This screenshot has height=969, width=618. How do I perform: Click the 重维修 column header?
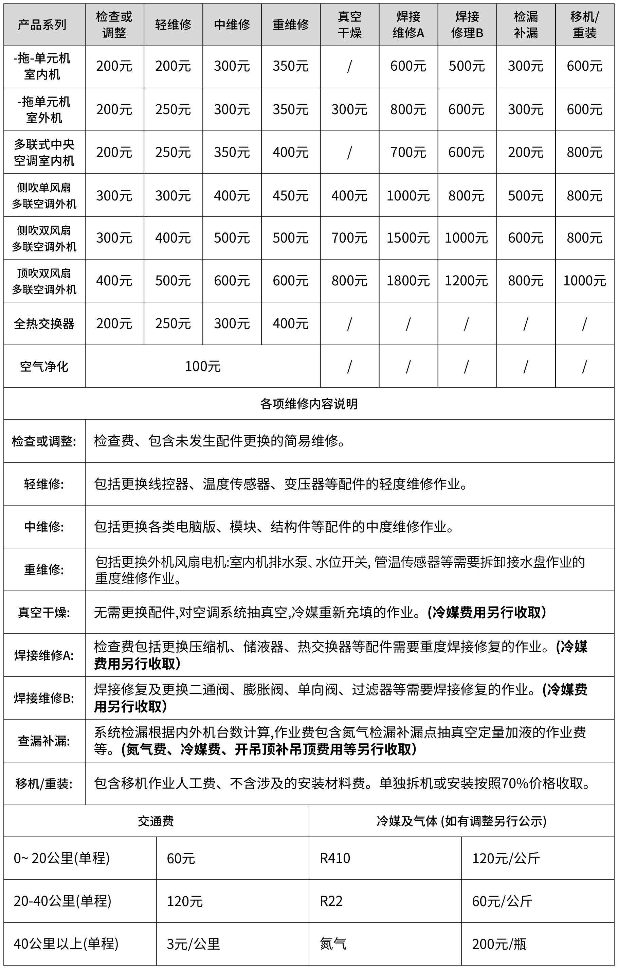coord(291,24)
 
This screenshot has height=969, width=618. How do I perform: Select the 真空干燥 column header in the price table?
coord(349,24)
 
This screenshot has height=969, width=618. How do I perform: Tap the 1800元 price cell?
coord(408,281)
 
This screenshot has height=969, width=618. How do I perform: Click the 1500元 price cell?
coord(408,238)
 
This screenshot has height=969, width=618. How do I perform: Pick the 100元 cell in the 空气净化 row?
coord(203,366)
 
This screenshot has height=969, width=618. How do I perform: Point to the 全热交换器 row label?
coord(44,323)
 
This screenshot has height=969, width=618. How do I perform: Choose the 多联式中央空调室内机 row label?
coord(44,153)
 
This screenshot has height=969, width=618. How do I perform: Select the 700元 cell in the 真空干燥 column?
coord(349,238)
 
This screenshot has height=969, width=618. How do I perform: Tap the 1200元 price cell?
coord(467,281)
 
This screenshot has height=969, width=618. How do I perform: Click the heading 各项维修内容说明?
coord(309,404)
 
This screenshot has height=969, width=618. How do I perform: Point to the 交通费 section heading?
coord(156,821)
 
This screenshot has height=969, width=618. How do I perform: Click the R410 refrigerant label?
coord(335,858)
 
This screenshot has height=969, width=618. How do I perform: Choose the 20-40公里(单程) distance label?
coord(62,901)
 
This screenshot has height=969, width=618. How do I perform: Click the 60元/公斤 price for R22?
coord(502,901)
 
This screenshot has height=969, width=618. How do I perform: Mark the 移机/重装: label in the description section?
coord(44,783)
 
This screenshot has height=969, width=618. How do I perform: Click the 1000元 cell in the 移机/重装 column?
coord(584,281)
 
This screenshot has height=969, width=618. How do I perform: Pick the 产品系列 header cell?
coord(42,24)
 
